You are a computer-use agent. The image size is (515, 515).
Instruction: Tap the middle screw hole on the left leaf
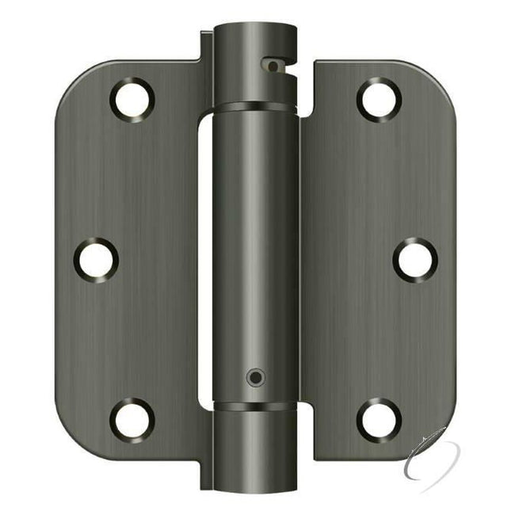coord(96,258)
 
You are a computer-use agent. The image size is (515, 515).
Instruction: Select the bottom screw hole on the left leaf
coord(132,418)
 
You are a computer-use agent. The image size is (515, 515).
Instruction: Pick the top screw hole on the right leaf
coord(379,100)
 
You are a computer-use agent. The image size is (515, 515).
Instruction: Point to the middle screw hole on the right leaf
coord(414,258)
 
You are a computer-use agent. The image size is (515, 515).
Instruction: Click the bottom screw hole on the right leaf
coord(379,418)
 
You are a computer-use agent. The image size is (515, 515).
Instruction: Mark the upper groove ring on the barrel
coord(255,105)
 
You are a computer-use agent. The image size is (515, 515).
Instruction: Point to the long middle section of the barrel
coord(255,254)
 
